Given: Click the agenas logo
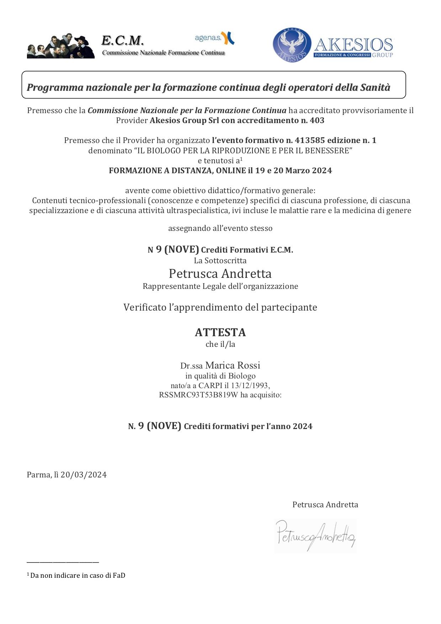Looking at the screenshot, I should (x=214, y=38).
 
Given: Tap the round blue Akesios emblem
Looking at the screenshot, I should (x=292, y=45).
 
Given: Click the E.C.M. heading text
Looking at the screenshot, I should (x=122, y=41).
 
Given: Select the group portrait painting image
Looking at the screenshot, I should (x=61, y=46).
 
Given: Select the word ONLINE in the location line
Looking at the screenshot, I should (x=231, y=170).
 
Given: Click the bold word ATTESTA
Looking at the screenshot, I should (x=220, y=332).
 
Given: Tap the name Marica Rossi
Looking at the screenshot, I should (x=233, y=365).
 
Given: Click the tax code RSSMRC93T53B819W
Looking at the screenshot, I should (x=198, y=395).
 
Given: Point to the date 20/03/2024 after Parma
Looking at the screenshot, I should (x=84, y=475).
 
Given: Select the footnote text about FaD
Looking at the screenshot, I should (x=78, y=575).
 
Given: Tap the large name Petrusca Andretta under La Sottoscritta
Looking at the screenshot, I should (x=220, y=274).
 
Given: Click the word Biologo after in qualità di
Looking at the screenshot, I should (x=242, y=376).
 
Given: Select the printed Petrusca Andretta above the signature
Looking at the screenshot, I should (x=325, y=504).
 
